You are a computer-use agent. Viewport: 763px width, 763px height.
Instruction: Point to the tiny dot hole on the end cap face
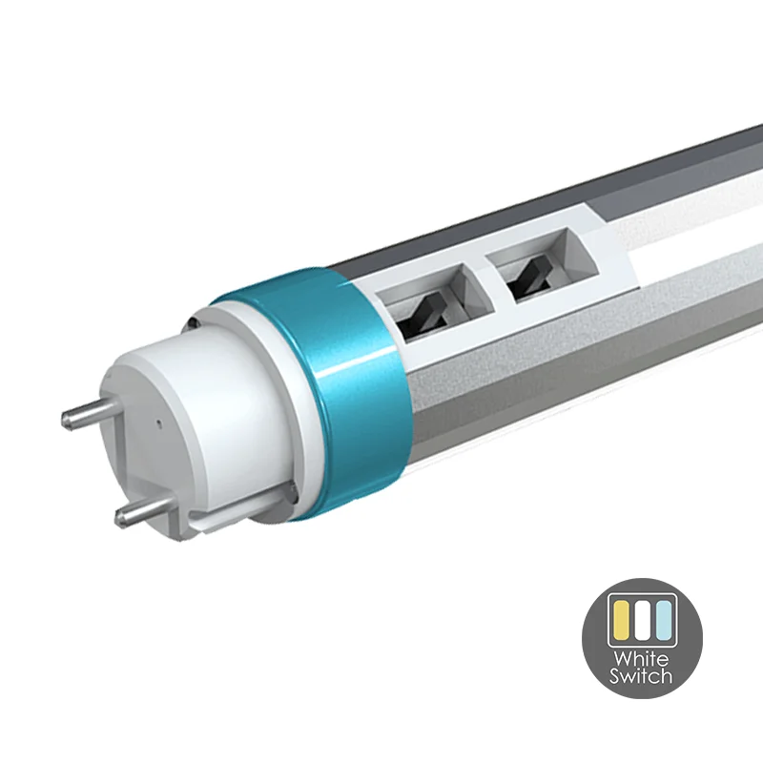click(x=159, y=423)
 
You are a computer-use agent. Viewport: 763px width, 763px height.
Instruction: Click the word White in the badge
click(x=641, y=660)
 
